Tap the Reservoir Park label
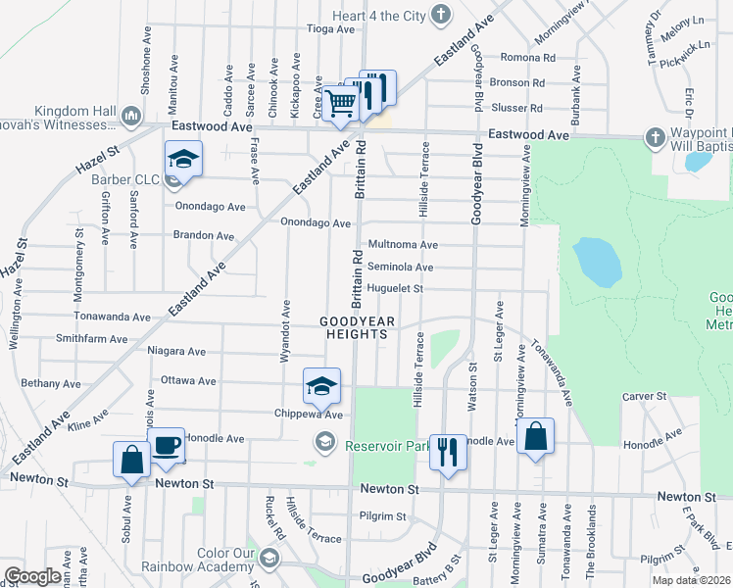[388, 445]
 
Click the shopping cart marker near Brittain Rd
[339, 103]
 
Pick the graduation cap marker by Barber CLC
[182, 160]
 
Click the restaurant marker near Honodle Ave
[448, 453]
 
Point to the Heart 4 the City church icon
[443, 14]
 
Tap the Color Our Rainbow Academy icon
[269, 560]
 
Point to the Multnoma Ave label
[402, 244]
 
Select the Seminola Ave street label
[400, 267]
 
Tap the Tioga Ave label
[331, 28]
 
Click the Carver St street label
[644, 397]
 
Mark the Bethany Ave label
[51, 383]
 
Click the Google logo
[31, 575]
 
